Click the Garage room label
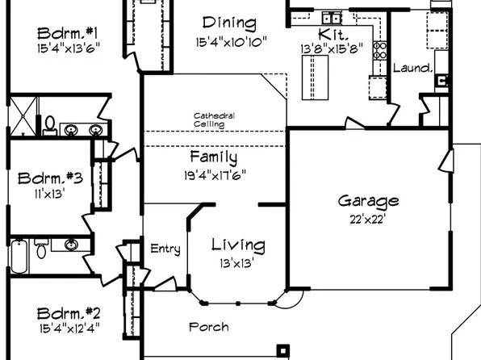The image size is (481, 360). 368,201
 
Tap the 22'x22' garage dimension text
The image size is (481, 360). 368,218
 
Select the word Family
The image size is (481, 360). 213,157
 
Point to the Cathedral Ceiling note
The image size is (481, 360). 214,120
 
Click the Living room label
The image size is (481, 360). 238,245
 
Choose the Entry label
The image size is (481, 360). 165,249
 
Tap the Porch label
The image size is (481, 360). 208,327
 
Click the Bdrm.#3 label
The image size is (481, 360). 47,178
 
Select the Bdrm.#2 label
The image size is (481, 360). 69,313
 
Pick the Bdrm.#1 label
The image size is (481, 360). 68,33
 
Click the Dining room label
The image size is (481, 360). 229,23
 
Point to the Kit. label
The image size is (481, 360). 333,34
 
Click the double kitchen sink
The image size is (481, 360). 331,18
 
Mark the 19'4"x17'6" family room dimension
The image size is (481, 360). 213,174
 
